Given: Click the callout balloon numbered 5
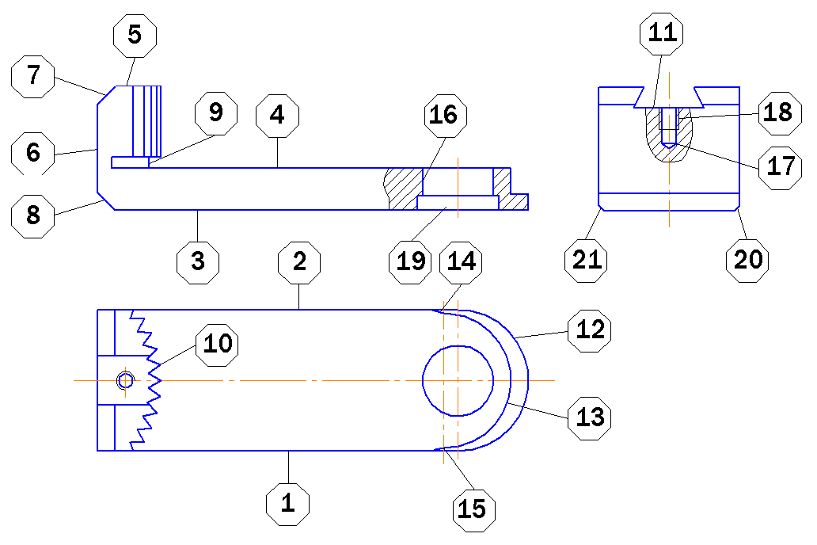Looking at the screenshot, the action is (x=135, y=36).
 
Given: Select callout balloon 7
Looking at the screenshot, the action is (x=32, y=76).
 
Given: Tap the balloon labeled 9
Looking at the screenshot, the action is (x=216, y=113).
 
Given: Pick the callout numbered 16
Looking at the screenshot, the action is (x=445, y=116).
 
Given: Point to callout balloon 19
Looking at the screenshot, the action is (x=411, y=262).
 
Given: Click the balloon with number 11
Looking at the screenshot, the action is (x=662, y=33).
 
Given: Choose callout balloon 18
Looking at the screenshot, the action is (x=780, y=113).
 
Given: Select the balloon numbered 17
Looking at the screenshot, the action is (x=780, y=167).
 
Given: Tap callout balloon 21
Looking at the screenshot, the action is (x=587, y=261).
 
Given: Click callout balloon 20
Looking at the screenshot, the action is (x=747, y=261).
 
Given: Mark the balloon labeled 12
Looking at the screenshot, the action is (x=589, y=330).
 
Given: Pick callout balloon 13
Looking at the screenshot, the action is (x=589, y=417).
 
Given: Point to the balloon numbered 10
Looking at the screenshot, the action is (x=217, y=345).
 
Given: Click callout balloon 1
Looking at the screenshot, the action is (x=287, y=505).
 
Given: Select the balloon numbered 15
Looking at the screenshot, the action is (x=473, y=510).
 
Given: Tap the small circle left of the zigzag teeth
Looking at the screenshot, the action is (x=126, y=381).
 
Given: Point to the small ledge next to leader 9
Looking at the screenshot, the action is (x=131, y=162).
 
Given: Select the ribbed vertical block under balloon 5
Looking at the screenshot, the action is (x=147, y=121).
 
